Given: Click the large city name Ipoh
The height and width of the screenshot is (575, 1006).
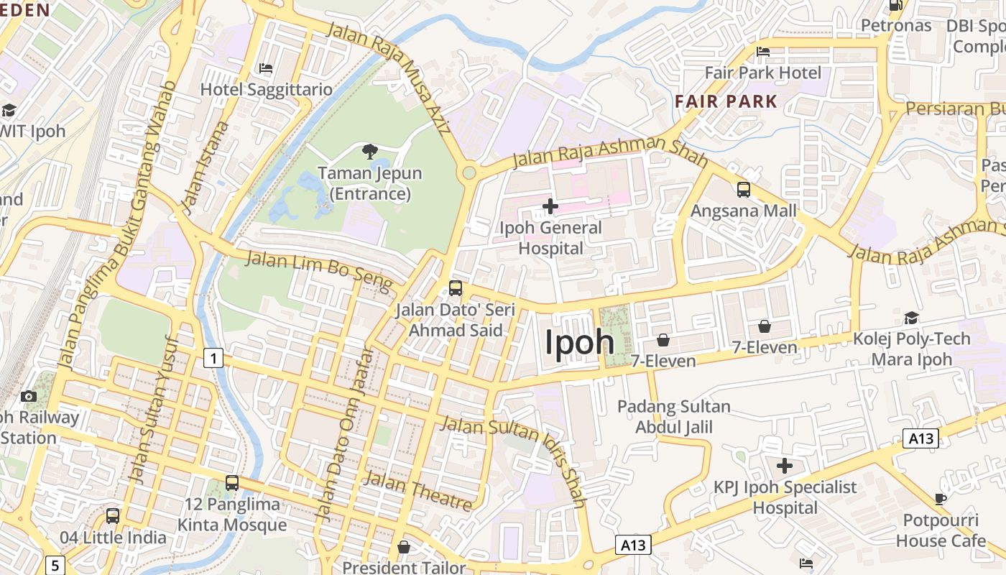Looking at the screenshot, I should point(579,342).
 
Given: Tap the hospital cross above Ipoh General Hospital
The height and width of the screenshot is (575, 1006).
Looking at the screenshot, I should point(550,207).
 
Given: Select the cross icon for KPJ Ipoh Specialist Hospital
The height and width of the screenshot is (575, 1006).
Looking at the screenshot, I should point(785,466).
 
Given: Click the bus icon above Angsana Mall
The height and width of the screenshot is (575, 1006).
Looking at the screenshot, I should point(744,190).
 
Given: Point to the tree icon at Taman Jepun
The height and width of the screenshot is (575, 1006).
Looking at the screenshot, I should point(370,151).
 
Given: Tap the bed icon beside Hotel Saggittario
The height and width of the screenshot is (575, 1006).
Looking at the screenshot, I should point(266,69).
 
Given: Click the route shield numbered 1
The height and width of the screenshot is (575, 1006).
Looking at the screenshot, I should point(213,357).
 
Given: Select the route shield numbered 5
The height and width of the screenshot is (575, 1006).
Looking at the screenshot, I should point(55,564).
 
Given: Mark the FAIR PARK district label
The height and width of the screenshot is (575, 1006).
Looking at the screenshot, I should point(726,101).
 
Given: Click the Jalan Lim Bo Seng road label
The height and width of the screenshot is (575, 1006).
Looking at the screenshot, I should point(320,271).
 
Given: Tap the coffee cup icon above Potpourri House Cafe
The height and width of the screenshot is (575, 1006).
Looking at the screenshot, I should point(941,499).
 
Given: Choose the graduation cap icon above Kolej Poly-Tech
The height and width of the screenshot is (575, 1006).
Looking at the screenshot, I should point(911,318).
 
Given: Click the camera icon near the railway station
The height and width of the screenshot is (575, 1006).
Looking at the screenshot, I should point(29,396).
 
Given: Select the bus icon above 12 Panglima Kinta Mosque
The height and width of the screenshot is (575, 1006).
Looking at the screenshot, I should point(232,483).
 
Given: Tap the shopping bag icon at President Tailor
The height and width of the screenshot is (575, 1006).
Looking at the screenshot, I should point(404,548).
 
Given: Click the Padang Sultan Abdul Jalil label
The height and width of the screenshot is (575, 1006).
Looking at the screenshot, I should point(674,417).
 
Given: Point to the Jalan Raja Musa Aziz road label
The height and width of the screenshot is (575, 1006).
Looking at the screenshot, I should point(389,79).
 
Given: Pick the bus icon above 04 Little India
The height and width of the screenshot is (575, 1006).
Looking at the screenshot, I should point(113,516).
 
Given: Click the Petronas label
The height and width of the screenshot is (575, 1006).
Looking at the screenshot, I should point(896,26).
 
